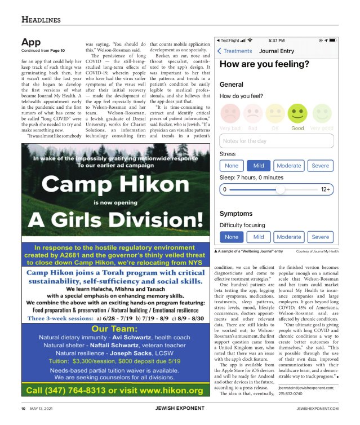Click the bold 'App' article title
pos(30,42)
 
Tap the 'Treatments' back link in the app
pos(235,51)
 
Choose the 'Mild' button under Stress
pos(259,166)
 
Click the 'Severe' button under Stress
pos(321,166)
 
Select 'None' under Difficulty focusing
pos(232,237)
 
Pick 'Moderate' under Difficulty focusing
pos(289,237)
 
